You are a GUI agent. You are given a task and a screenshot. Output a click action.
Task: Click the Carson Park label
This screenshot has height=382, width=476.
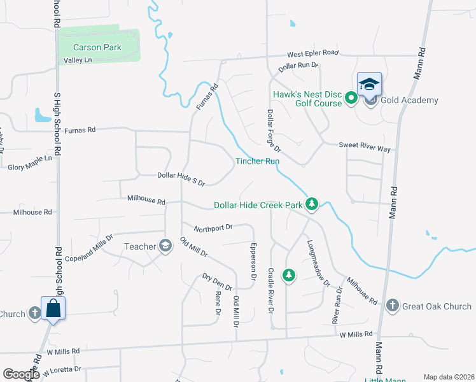pyautogui.click(x=97, y=47)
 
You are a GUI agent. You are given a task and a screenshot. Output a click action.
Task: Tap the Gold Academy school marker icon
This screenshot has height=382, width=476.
pyautogui.click(x=369, y=84)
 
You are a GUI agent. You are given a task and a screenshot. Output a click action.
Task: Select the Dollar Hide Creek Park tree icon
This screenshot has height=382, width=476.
pyautogui.click(x=311, y=204)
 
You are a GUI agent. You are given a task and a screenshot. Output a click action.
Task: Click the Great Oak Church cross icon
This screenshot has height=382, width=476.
pyautogui.click(x=393, y=306)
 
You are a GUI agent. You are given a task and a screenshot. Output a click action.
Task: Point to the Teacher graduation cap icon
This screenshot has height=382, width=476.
pyautogui.click(x=165, y=246)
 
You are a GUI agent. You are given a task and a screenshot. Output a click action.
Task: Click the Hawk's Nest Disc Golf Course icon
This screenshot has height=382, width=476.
pyautogui.click(x=351, y=98)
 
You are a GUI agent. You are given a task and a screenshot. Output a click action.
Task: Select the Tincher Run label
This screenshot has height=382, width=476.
pyautogui.click(x=258, y=161)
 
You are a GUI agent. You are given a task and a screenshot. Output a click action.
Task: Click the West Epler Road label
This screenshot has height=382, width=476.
pyautogui.click(x=312, y=53)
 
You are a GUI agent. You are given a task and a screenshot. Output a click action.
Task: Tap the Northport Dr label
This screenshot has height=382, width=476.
pyautogui.click(x=214, y=227)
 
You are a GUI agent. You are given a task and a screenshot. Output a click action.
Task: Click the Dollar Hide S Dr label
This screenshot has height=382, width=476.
pyautogui.click(x=181, y=179)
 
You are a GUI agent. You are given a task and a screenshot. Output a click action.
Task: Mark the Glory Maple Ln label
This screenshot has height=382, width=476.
pyautogui.click(x=30, y=162)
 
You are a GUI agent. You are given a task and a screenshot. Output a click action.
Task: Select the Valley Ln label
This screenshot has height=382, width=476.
pyautogui.click(x=78, y=60)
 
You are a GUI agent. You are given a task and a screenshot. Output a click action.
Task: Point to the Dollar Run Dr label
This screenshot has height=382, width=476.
pyautogui.click(x=298, y=66)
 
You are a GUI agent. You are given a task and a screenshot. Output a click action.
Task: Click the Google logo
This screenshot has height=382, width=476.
pyautogui.click(x=21, y=374)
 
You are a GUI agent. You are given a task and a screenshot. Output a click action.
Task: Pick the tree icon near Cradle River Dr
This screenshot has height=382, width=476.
pyautogui.click(x=289, y=274)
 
